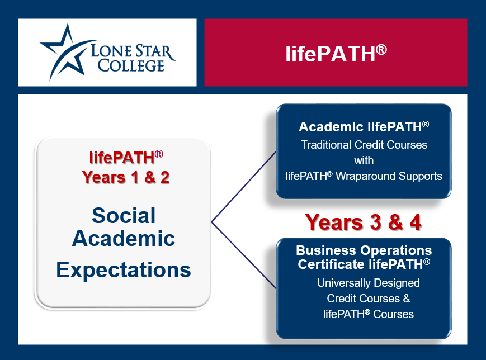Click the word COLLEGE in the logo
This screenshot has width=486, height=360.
point(131,65)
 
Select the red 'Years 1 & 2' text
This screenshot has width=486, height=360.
point(126,178)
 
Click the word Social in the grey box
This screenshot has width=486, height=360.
point(124,215)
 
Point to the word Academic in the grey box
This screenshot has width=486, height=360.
point(124,239)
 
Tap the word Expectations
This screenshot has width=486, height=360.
point(124,270)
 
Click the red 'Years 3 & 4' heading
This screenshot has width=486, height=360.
point(364,222)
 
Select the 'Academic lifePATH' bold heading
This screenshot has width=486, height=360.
point(364,127)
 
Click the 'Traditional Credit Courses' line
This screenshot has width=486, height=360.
point(364,145)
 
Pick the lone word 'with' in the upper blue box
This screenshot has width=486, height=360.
point(364,160)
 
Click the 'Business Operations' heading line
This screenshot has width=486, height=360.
point(364,250)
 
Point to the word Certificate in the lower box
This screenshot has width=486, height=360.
point(331,264)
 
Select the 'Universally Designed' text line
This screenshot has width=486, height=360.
point(369,283)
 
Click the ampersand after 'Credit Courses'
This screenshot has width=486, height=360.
point(407,299)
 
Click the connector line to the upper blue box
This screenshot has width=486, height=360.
point(244,187)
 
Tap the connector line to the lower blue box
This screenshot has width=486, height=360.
point(244,255)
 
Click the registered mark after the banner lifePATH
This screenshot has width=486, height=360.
point(381,50)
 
